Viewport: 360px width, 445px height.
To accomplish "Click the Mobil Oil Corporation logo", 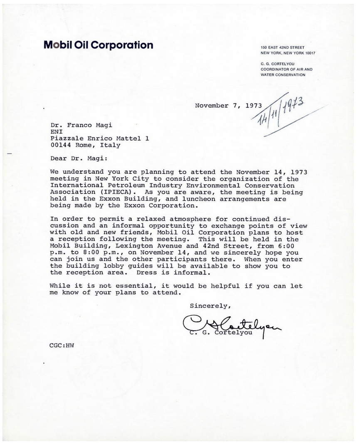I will point(98,45).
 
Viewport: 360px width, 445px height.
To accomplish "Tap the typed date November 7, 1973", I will point(228,106).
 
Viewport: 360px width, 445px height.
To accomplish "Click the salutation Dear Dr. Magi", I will point(76,158).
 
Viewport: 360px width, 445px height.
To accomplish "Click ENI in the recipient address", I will point(55,131).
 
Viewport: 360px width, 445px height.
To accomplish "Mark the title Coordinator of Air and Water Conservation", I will point(283,72).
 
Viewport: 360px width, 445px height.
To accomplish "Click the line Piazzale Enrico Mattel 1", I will point(99,138).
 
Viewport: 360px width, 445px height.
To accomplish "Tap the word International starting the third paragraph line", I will point(75,185).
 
